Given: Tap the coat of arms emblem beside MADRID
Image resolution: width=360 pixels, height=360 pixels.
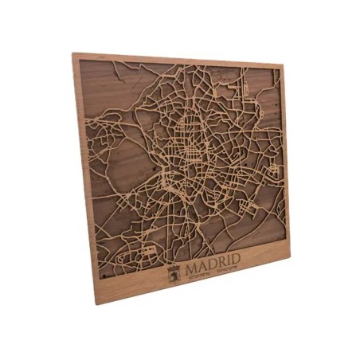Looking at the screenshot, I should (x=173, y=274).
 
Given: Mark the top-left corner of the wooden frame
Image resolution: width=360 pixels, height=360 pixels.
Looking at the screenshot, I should (x=72, y=54).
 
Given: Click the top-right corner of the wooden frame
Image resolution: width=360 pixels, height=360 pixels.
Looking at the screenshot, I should (x=284, y=67).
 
